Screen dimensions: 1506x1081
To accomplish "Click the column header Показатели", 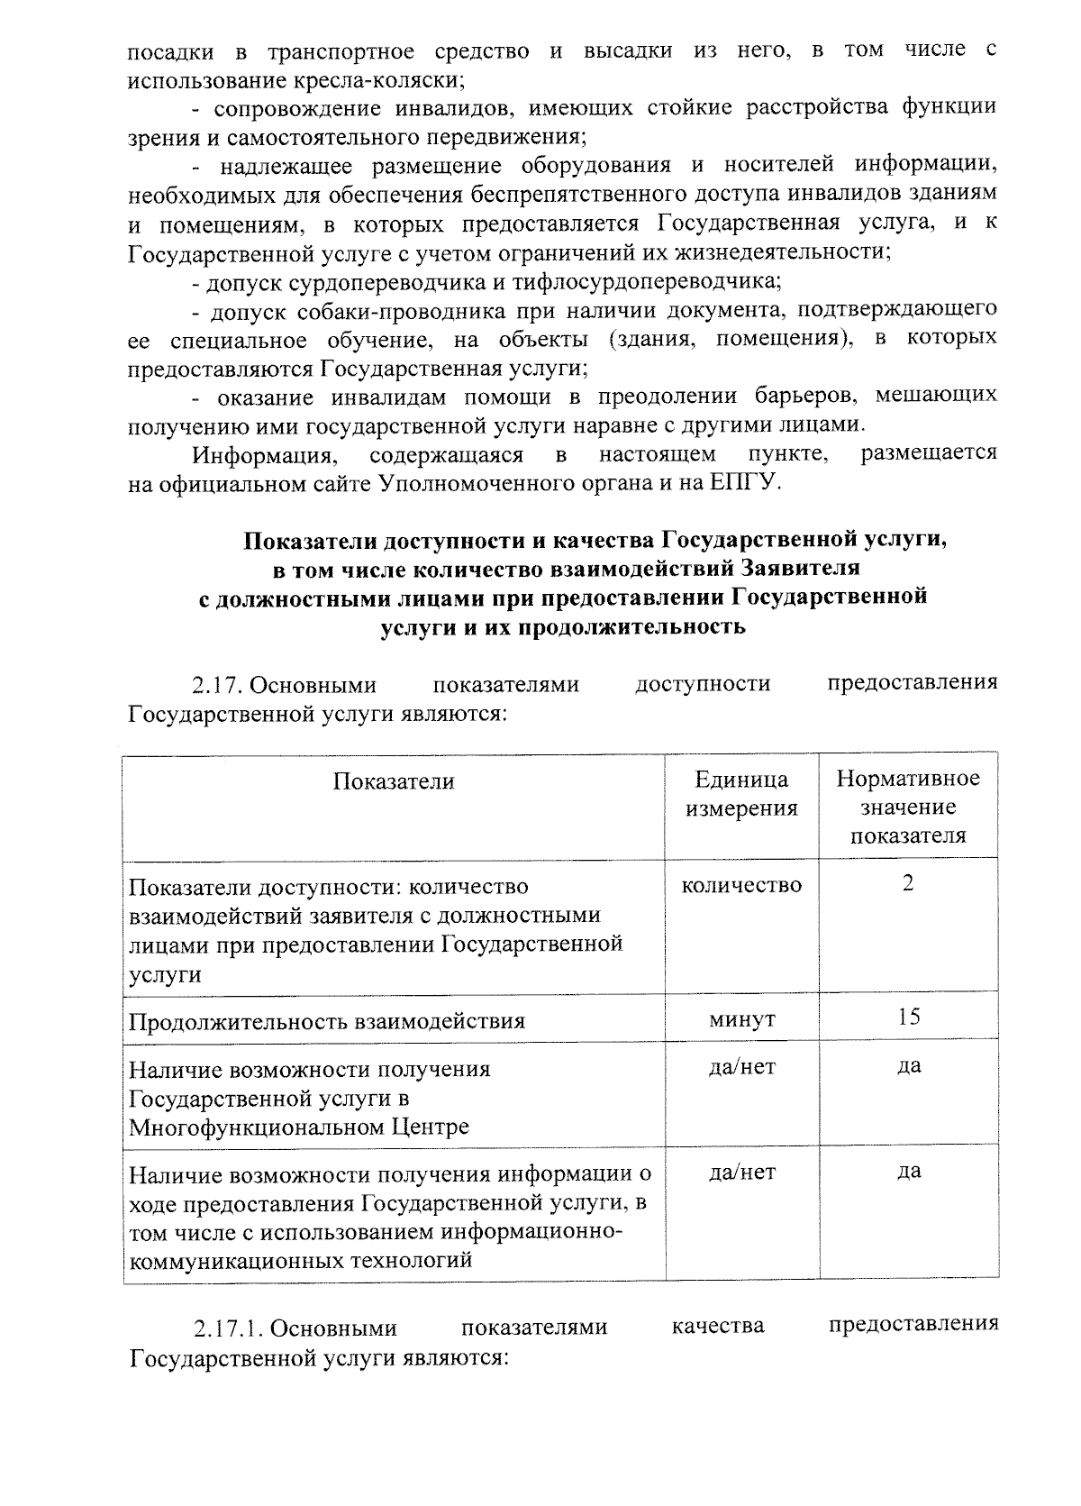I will coord(394,781).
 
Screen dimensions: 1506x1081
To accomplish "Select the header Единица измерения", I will coord(741,794).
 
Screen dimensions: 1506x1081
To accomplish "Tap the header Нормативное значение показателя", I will coord(908,807).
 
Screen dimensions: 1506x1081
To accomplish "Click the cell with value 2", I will coord(908,883).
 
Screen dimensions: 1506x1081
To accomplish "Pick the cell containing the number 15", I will coord(908,1018).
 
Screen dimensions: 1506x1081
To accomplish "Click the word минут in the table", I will coord(741,1019).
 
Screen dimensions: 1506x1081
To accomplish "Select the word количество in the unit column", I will coord(741,886).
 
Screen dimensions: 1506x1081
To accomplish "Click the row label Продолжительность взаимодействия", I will coord(327,1021).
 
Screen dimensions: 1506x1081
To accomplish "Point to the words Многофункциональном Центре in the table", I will coord(299,1127).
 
